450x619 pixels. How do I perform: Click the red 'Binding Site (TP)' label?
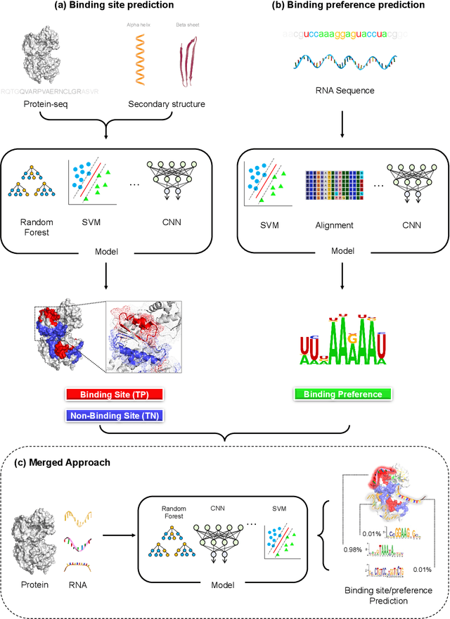pyautogui.click(x=113, y=395)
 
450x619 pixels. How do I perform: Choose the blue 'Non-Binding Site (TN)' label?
pyautogui.click(x=113, y=416)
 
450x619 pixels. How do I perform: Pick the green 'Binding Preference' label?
pyautogui.click(x=339, y=394)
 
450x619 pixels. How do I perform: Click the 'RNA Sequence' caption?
pyautogui.click(x=339, y=90)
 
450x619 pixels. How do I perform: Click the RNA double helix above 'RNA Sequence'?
pyautogui.click(x=339, y=64)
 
